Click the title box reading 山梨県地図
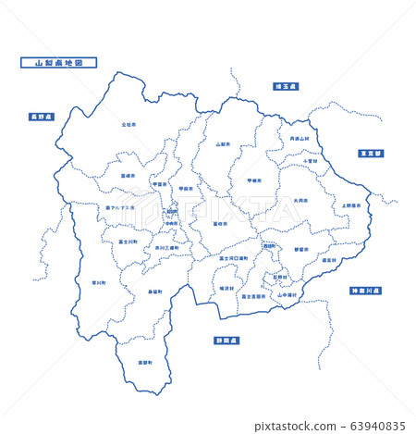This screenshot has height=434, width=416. coord(58,63)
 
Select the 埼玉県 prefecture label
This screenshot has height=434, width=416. coord(286,86)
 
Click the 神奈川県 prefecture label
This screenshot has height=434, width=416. coord(366,291)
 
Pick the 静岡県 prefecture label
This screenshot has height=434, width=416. coord(227,340)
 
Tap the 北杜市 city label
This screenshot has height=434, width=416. coord(128,123)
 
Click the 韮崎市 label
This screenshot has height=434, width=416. coord(127,174)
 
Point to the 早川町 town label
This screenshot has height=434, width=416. coord(99,282)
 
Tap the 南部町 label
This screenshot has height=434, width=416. coord(143,362)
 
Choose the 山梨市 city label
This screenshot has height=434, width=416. coord(223,144)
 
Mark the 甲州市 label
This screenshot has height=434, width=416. coord(254,180)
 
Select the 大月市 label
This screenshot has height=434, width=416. coord(300,200)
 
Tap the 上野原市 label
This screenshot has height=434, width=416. coord(351,205)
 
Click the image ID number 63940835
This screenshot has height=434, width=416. coord(374,426)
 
